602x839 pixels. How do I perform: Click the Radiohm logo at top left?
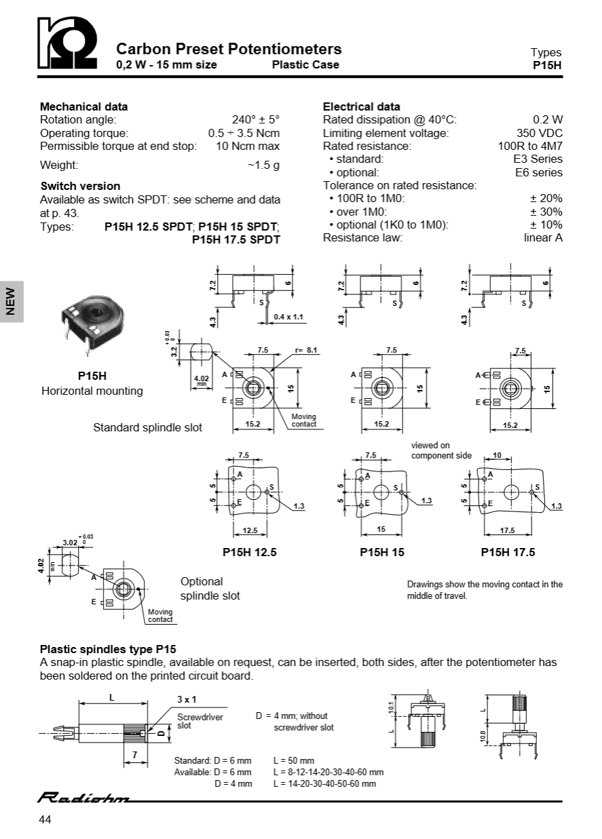[x=68, y=45]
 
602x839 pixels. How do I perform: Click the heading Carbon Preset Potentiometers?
[x=229, y=49]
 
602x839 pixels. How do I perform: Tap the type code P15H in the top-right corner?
[x=548, y=66]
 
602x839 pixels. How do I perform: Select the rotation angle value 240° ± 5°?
[x=255, y=119]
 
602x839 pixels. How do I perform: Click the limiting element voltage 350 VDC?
[x=540, y=133]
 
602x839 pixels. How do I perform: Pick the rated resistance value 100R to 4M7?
[x=530, y=146]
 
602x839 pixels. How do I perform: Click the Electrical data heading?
[x=361, y=106]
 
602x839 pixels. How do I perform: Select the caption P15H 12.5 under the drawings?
[x=250, y=552]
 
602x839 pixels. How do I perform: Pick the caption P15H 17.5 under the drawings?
[x=508, y=552]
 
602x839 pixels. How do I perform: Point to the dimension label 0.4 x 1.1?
[x=288, y=317]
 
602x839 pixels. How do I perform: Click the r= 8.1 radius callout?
[x=306, y=350]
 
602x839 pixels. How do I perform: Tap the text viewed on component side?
[x=441, y=450]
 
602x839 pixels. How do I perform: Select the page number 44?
[x=45, y=820]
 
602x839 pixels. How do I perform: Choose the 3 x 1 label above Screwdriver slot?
[x=187, y=699]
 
